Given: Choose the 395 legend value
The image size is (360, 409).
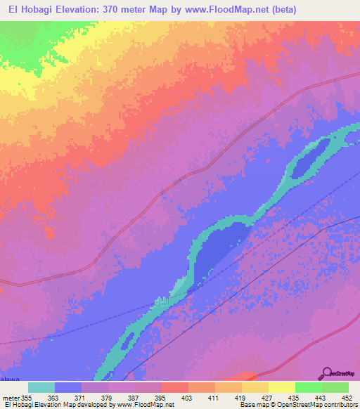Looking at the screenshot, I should click(159, 398).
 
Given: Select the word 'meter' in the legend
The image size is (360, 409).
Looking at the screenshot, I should click(11, 398).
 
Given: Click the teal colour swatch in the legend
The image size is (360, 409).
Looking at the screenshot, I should click(41, 387).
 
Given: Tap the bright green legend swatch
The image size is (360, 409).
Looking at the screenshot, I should click(308, 387).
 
